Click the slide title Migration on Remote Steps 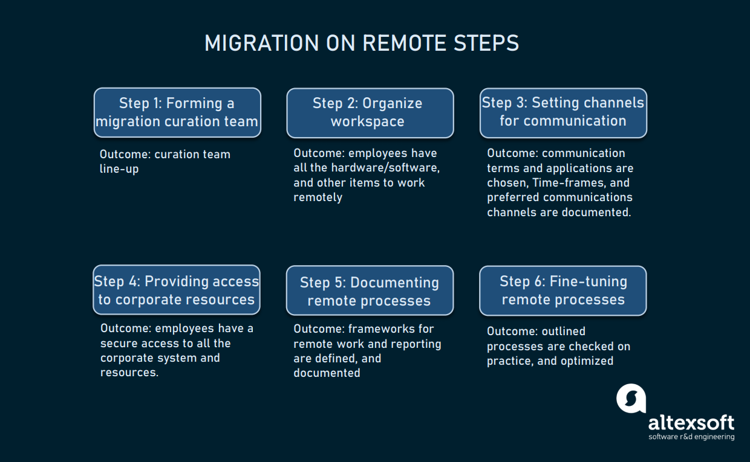pyautogui.click(x=362, y=43)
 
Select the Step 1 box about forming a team pyautogui.click(x=177, y=112)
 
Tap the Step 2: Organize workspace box pyautogui.click(x=370, y=112)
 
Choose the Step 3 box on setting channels pyautogui.click(x=563, y=112)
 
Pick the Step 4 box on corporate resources pyautogui.click(x=177, y=290)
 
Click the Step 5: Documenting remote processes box pyautogui.click(x=370, y=291)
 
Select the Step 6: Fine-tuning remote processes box pyautogui.click(x=563, y=290)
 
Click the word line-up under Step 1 pyautogui.click(x=119, y=169)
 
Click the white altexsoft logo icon pyautogui.click(x=631, y=399)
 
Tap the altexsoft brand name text pyautogui.click(x=691, y=422)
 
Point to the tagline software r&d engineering pyautogui.click(x=691, y=437)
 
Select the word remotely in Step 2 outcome pyautogui.click(x=318, y=197)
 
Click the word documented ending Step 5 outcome pyautogui.click(x=327, y=373)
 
